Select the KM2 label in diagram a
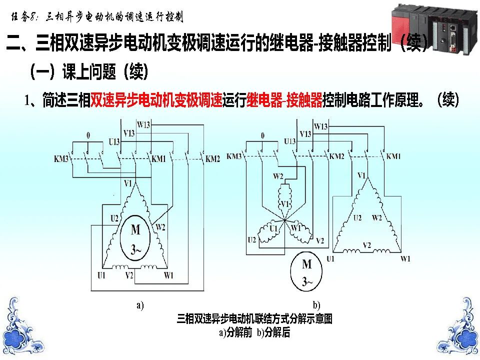(x=213, y=159)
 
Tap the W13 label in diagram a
(x=144, y=124)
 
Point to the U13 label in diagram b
(x=290, y=141)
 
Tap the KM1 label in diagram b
(x=393, y=156)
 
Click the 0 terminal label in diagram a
(x=88, y=135)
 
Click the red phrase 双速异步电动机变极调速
(x=156, y=100)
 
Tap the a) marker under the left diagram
(x=140, y=305)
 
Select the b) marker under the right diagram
(x=316, y=305)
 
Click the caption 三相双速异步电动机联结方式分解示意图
(x=254, y=319)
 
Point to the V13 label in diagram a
(x=128, y=133)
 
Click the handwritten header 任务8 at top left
(x=25, y=17)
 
